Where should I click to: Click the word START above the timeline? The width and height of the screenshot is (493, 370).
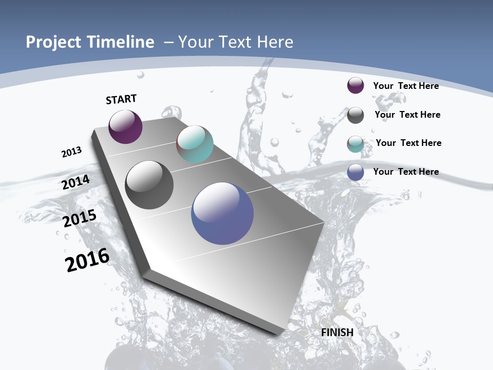click(x=121, y=99)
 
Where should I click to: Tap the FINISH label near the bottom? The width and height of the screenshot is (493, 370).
click(x=337, y=332)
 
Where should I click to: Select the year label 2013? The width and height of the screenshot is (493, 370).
click(x=71, y=152)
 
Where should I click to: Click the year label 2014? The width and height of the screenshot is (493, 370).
click(x=76, y=182)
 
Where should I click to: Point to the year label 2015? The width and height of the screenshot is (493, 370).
click(x=80, y=218)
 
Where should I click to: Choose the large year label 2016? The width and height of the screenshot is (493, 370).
click(x=87, y=260)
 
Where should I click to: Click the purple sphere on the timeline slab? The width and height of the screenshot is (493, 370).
click(x=125, y=126)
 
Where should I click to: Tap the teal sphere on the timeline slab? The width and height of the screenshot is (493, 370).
click(x=195, y=144)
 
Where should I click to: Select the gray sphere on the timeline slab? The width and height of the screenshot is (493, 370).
click(x=149, y=185)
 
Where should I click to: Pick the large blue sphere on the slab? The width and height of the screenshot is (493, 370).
click(x=222, y=213)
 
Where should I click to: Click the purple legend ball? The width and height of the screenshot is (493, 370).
click(x=355, y=86)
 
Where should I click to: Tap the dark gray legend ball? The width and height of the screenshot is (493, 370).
click(x=355, y=115)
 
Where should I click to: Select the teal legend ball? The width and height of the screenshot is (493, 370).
click(x=355, y=144)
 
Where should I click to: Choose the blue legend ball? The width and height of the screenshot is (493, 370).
click(x=355, y=172)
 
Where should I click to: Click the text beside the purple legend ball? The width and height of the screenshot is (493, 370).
click(x=406, y=86)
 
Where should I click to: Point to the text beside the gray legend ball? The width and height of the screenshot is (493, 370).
click(x=407, y=115)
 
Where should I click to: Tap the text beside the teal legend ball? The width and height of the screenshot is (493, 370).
click(x=408, y=143)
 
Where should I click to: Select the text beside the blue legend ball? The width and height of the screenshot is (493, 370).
click(x=406, y=172)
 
